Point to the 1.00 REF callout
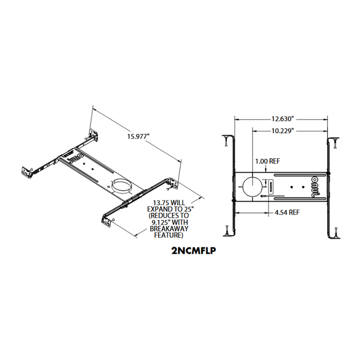[267, 161]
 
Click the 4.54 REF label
[288, 211]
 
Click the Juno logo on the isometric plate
[73, 156]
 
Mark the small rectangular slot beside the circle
[267, 184]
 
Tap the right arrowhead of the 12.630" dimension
[326, 118]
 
